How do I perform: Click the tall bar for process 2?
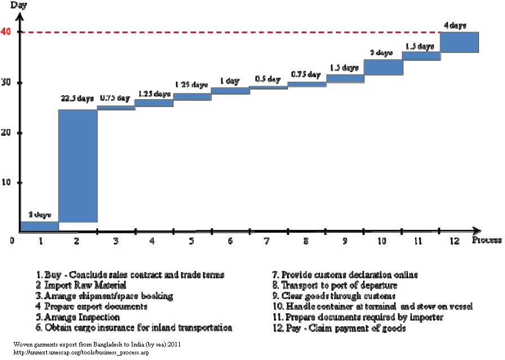(x=78, y=166)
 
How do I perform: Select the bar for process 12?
(x=459, y=42)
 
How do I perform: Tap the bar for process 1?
(x=39, y=226)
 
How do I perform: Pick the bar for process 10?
(x=383, y=67)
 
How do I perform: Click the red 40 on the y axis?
(x=6, y=32)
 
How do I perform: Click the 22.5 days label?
(x=77, y=99)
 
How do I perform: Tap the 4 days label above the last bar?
(x=455, y=25)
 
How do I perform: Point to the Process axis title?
(x=486, y=241)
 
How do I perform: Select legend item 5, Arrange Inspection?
(x=78, y=317)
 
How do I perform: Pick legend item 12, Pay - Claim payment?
(x=339, y=328)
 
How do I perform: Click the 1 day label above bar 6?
(x=229, y=81)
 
